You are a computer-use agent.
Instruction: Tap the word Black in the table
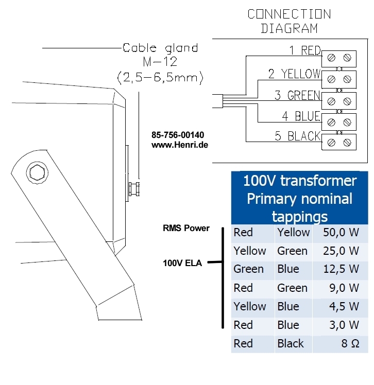[x=291, y=344]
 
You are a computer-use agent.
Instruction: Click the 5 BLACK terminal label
[x=298, y=136]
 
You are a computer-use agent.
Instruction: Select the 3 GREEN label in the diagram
[x=297, y=95]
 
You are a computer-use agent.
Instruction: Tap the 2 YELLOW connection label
[x=294, y=74]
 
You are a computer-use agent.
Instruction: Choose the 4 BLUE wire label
[x=300, y=116]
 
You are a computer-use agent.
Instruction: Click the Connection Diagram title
[x=289, y=21]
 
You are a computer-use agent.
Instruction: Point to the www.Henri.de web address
[x=179, y=146]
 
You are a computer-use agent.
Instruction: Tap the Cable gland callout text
[x=160, y=48]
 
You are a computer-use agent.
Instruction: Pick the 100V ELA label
[x=182, y=264]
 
